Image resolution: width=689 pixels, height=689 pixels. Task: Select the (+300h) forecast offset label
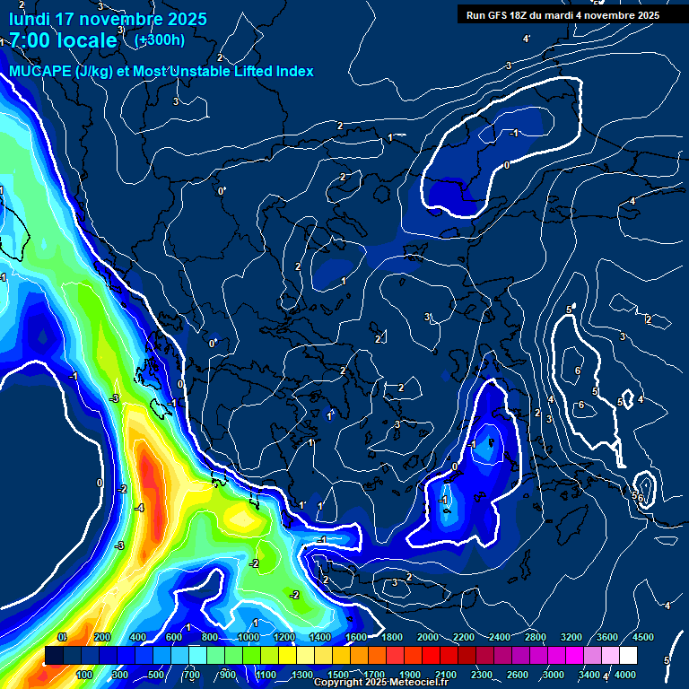pyautogui.click(x=159, y=39)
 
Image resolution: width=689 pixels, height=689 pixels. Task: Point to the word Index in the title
pyautogui.click(x=293, y=72)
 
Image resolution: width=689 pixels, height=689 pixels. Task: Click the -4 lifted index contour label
pyautogui.click(x=139, y=508)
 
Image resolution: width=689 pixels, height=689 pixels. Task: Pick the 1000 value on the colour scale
pyautogui.click(x=249, y=637)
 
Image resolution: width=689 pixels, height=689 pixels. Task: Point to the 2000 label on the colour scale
pyautogui.click(x=428, y=637)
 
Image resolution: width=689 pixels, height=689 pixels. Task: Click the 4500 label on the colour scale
pyautogui.click(x=643, y=637)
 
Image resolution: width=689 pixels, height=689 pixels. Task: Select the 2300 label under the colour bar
pyautogui.click(x=482, y=675)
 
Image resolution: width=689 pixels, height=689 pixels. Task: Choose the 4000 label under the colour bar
pyautogui.click(x=625, y=675)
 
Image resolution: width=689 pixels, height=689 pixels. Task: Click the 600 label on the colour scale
pyautogui.click(x=174, y=637)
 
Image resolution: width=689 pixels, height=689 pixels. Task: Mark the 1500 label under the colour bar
pyautogui.click(x=338, y=675)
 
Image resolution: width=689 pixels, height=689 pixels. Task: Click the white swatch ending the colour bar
pyautogui.click(x=628, y=656)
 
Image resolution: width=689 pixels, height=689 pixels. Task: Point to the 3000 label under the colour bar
pyautogui.click(x=554, y=675)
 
